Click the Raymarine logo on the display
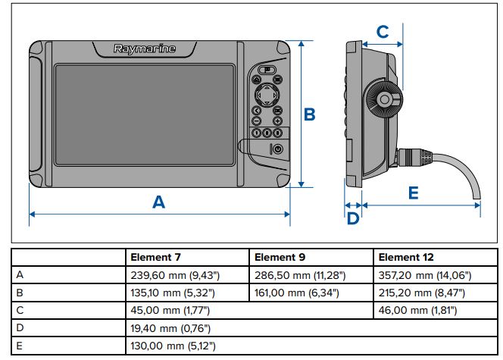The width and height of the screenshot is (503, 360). [x=145, y=49]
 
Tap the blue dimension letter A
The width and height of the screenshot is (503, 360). [x=158, y=202]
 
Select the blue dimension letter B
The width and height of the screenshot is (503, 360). [x=309, y=114]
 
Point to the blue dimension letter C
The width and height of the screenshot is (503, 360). [x=383, y=32]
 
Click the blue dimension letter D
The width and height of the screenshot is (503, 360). [x=352, y=219]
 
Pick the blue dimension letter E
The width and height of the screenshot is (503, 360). [x=413, y=193]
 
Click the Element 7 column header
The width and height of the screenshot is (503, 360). [x=155, y=258]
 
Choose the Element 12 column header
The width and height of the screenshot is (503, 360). [x=406, y=258]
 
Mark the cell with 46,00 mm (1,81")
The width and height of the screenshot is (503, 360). [x=419, y=310]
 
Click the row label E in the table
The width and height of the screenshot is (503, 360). [x=18, y=346]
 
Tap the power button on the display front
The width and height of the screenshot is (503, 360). [x=277, y=149]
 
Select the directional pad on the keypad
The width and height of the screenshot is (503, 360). [x=267, y=95]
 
